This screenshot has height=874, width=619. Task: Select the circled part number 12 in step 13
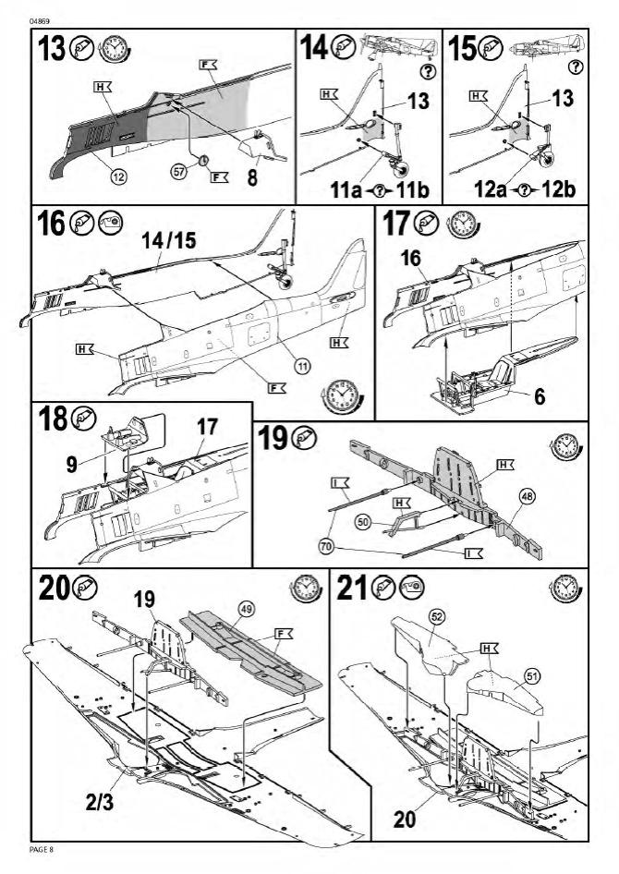click(116, 175)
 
